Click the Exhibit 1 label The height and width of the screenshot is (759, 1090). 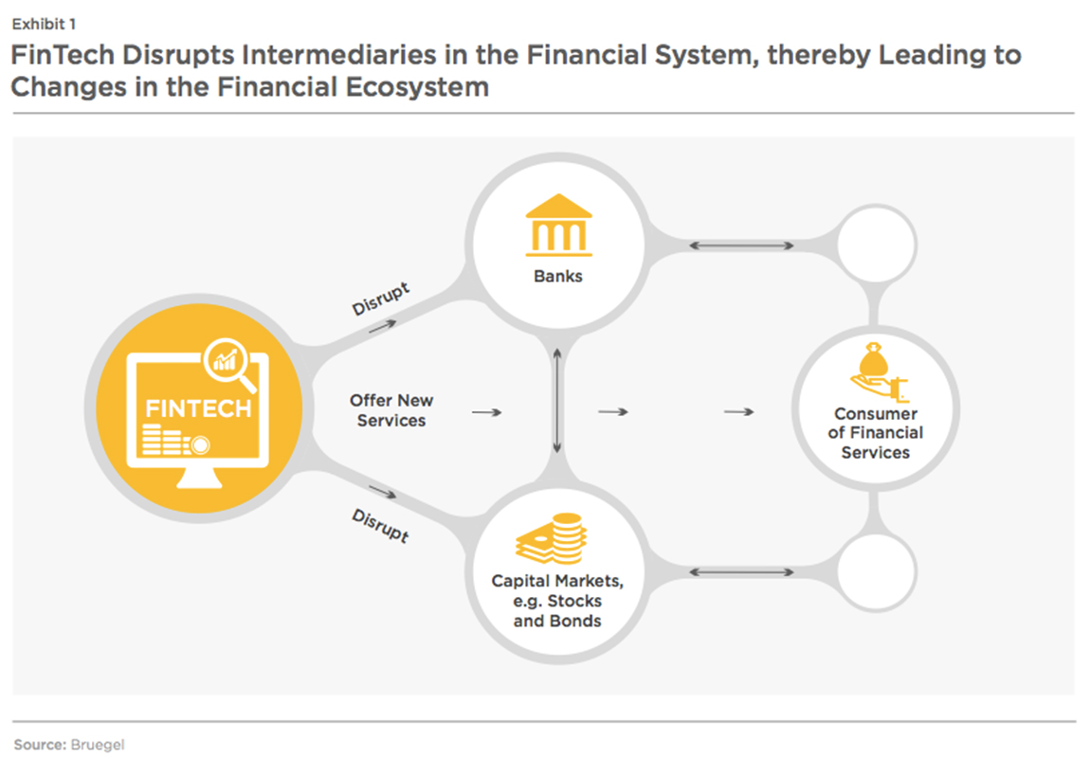[44, 25]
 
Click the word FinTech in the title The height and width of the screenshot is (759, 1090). [63, 55]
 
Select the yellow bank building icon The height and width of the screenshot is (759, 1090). [559, 226]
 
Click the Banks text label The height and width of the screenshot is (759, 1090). [558, 276]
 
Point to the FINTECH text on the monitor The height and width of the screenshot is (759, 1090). [198, 408]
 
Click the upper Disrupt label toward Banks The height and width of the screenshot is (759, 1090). [380, 298]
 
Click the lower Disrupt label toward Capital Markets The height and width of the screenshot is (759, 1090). [380, 525]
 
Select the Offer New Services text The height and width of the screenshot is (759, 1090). [391, 410]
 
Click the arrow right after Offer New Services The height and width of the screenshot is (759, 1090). [486, 412]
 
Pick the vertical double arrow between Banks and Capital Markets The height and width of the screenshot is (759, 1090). [556, 401]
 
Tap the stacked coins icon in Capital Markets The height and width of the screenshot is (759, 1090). [552, 538]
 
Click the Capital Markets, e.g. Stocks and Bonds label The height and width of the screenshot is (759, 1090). [557, 601]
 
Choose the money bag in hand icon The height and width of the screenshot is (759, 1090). [878, 371]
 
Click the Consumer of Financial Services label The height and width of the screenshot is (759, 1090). [875, 433]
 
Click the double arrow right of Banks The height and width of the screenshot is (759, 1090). [741, 245]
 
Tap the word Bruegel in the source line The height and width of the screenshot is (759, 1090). [98, 745]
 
